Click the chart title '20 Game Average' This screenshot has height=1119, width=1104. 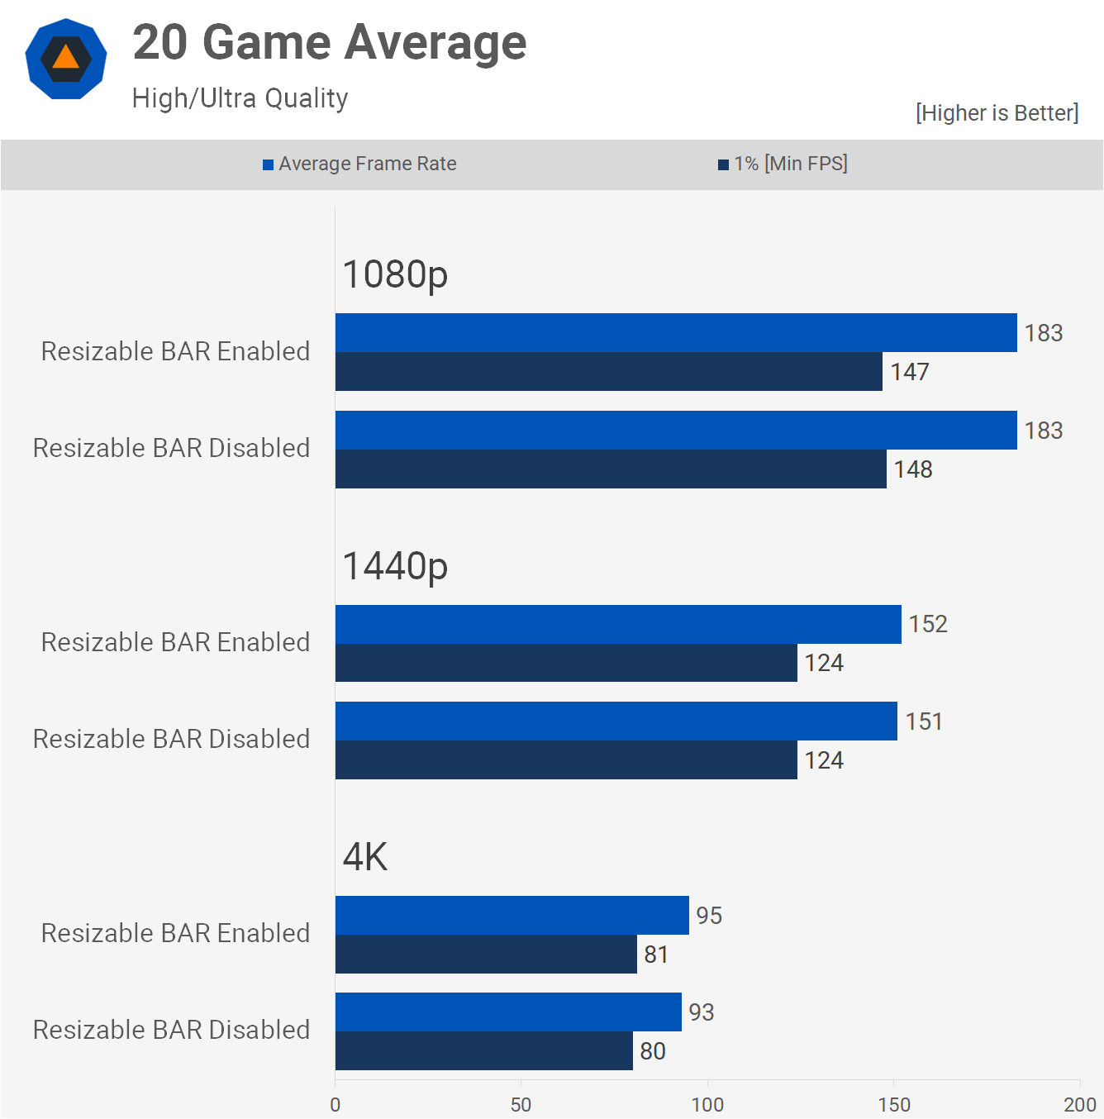pyautogui.click(x=329, y=43)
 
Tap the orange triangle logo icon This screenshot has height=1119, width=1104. pyautogui.click(x=66, y=59)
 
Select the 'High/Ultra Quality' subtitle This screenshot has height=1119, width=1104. pyautogui.click(x=240, y=98)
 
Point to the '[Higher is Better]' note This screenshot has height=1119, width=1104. pyautogui.click(x=997, y=113)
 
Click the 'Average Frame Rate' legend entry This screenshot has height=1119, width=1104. pyautogui.click(x=359, y=164)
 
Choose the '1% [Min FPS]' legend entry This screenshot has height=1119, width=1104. pyautogui.click(x=783, y=164)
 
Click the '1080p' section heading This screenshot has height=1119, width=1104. pyautogui.click(x=395, y=274)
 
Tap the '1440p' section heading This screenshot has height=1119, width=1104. pyautogui.click(x=395, y=566)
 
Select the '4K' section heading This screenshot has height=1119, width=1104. pyautogui.click(x=364, y=857)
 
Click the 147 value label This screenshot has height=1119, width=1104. pyautogui.click(x=909, y=372)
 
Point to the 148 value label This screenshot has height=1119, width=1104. pyautogui.click(x=912, y=469)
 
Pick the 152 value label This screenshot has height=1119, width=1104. pyautogui.click(x=927, y=624)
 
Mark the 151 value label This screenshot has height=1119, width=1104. pyautogui.click(x=923, y=721)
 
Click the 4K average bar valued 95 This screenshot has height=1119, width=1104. pyautogui.click(x=512, y=915)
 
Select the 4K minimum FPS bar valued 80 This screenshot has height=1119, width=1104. pyautogui.click(x=483, y=1050)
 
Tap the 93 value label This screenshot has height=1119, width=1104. pyautogui.click(x=701, y=1012)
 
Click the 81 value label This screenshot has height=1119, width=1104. pyautogui.click(x=655, y=955)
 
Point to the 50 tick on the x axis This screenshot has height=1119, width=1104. pyautogui.click(x=521, y=1105)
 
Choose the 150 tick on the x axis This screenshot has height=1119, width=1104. pyautogui.click(x=893, y=1105)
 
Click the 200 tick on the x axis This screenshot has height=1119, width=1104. pyautogui.click(x=1079, y=1105)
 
